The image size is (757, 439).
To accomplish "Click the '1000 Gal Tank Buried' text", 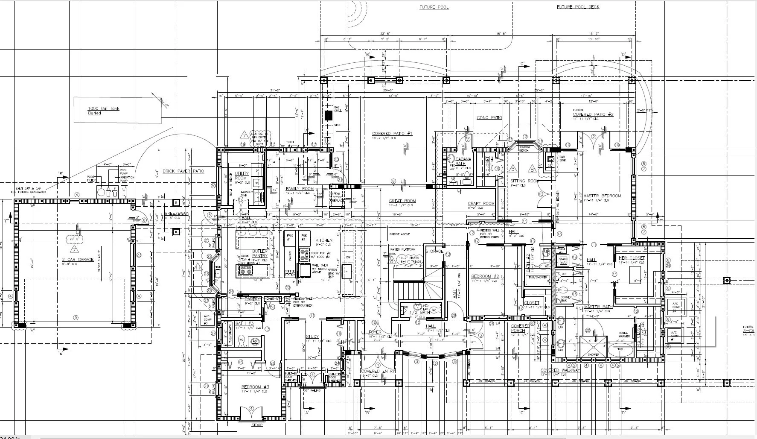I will click(103, 111).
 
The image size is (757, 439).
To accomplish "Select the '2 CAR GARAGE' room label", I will click(78, 259).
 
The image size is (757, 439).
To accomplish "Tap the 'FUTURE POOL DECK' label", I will click(578, 7).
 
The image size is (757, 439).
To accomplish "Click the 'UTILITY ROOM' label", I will click(241, 176).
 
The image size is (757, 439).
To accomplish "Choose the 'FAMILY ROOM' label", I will click(300, 188).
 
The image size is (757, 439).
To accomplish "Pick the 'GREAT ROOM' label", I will click(402, 201).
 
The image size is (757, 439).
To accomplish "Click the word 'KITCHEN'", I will click(324, 240).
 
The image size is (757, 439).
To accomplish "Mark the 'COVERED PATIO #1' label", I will click(392, 134).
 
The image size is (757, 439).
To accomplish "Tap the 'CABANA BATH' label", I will click(463, 161).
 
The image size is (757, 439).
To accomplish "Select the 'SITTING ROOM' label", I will click(524, 181).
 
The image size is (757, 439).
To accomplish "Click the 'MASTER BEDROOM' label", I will click(602, 196).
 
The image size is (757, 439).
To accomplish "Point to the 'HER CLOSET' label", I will click(632, 258).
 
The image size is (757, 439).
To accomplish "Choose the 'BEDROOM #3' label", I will click(255, 387).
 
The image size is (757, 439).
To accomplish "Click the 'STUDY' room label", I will click(312, 337).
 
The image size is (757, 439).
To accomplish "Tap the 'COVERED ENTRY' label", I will click(378, 371).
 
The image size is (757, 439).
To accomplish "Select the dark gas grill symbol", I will click(328, 115).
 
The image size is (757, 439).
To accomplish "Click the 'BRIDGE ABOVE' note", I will click(399, 234).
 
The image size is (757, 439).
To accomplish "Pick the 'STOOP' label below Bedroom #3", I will click(257, 425).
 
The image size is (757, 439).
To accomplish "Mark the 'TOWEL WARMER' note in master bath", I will click(624, 335).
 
